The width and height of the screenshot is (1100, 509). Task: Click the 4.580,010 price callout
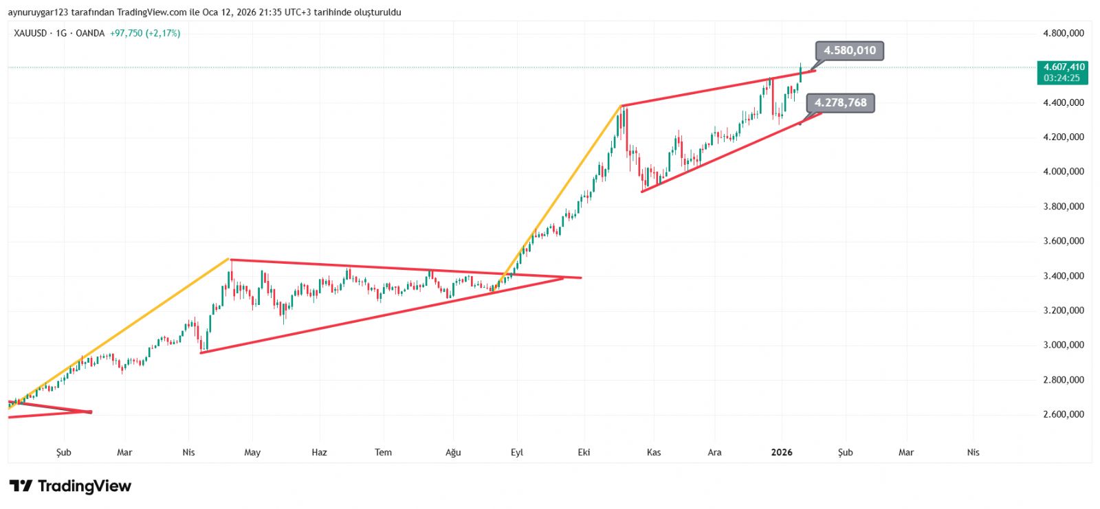[850, 50]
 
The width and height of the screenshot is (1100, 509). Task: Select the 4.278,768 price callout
[840, 103]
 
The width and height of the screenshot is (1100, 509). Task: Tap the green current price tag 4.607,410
[1064, 67]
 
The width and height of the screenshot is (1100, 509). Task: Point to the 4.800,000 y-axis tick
[1064, 33]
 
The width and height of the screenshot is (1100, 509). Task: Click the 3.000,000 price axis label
[1064, 345]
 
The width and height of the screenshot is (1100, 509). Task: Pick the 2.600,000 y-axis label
[1064, 414]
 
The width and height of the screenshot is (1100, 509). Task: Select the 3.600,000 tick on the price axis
[1064, 241]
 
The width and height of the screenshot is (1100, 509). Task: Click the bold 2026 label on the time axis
[782, 452]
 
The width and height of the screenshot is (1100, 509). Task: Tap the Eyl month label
[517, 452]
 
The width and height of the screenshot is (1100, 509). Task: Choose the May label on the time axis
[252, 452]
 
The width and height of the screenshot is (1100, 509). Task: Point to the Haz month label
[319, 452]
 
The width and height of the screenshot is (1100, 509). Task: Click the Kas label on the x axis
[654, 452]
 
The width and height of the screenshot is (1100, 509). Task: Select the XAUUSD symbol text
[30, 33]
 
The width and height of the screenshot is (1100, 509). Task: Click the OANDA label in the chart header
[90, 33]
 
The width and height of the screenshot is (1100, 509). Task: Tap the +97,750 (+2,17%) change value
[145, 33]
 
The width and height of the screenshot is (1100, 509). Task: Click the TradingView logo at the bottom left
[70, 486]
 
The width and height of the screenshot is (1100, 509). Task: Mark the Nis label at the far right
[973, 452]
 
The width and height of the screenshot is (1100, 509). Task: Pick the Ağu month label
[453, 452]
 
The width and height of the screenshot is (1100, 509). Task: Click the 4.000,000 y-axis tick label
[1064, 172]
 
